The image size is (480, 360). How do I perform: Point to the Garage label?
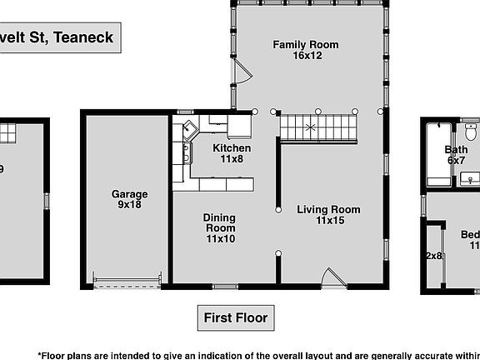(x=129, y=194)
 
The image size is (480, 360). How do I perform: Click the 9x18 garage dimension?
(x=129, y=205)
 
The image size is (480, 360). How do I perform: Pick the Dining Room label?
(x=220, y=222)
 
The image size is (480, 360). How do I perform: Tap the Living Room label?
(x=328, y=209)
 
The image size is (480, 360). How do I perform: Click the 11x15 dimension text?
(x=328, y=221)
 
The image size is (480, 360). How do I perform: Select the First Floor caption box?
(x=235, y=317)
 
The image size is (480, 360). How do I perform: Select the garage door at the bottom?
(x=127, y=280)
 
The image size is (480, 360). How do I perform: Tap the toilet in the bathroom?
(x=471, y=132)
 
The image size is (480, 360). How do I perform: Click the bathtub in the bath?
(x=434, y=155)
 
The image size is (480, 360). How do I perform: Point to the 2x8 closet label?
(x=434, y=256)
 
